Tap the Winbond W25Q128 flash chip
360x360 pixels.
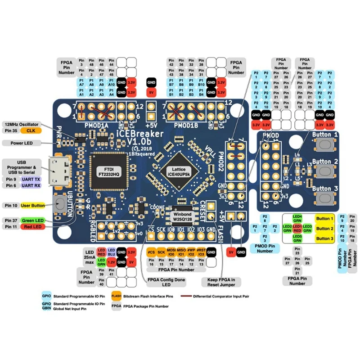181,215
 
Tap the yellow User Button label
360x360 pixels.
33,205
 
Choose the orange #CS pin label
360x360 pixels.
152,252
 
